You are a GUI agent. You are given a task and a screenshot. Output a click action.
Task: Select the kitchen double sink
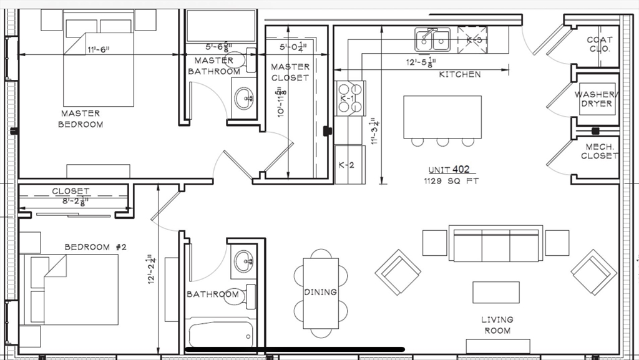point(432,41)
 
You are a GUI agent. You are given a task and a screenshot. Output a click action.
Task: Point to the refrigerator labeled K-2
point(349,165)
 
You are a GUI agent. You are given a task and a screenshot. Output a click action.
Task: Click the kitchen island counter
point(442,117)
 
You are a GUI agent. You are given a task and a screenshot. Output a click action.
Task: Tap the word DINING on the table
point(321,292)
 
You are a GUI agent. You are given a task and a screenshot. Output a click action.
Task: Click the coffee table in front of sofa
point(495,292)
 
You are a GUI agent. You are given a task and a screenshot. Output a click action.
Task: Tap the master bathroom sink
point(244,97)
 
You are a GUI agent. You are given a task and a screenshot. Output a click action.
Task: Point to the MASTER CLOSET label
point(290,72)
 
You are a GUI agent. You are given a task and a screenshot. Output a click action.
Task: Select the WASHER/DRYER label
point(596,99)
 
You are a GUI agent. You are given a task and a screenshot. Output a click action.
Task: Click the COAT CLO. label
point(599,44)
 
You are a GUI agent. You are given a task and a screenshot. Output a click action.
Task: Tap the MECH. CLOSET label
point(599,152)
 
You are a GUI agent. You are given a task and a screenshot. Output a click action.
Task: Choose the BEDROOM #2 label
point(95,247)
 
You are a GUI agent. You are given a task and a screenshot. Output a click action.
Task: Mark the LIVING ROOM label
point(497,324)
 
